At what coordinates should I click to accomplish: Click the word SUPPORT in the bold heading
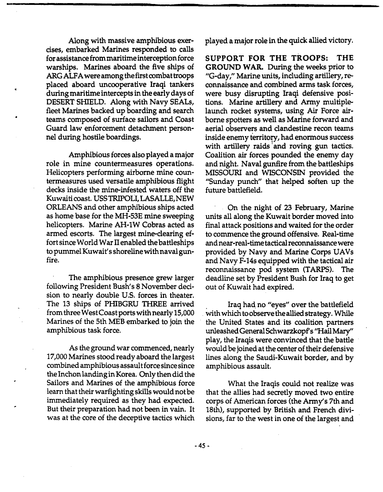[227, 58]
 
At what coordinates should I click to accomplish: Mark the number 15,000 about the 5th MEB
[177, 314]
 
